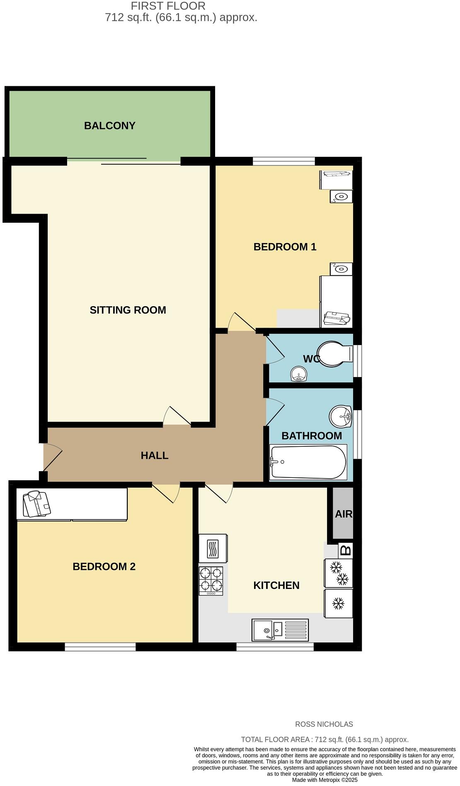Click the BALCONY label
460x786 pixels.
(x=109, y=126)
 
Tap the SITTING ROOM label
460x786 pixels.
(x=128, y=310)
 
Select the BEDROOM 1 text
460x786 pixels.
(x=285, y=247)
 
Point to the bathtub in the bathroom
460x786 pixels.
(x=308, y=462)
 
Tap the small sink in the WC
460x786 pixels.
(x=299, y=374)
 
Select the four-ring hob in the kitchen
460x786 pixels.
(x=211, y=580)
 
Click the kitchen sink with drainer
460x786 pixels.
(x=280, y=630)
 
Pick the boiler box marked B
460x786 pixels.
(x=345, y=550)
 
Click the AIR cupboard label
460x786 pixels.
(x=343, y=514)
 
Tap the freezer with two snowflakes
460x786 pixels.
(x=338, y=573)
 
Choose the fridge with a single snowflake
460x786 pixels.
(x=338, y=603)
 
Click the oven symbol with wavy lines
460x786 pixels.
(x=213, y=548)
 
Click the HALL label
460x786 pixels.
(x=154, y=455)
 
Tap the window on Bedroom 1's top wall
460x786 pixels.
(x=284, y=161)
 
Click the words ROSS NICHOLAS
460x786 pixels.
(x=324, y=724)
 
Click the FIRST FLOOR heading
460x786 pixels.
(x=168, y=6)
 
